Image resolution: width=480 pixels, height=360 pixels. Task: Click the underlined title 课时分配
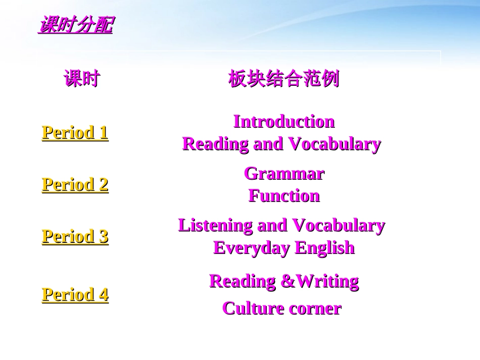75,25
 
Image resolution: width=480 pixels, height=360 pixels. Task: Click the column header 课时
82,79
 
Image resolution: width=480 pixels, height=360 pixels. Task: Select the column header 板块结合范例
283,79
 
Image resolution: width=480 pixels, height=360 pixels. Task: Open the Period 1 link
75,133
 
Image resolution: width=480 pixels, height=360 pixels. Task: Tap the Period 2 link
75,185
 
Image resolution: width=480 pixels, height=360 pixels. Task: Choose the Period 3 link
75,236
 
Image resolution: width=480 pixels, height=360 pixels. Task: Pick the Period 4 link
75,294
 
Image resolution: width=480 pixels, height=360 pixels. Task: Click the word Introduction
283,122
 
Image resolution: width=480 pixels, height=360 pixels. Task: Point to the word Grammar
283,174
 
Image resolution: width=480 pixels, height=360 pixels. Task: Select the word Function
283,196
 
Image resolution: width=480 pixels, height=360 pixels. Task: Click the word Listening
216,226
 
